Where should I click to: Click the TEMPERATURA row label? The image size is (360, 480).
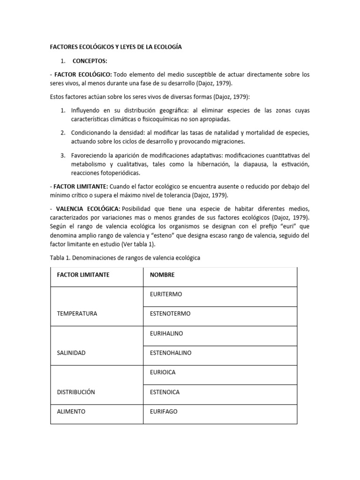77,314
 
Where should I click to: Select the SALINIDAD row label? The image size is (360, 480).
71,352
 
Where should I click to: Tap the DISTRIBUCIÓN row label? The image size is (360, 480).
76,392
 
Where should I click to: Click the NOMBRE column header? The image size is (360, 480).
161,275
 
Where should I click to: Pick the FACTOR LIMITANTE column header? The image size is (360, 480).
83,275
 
